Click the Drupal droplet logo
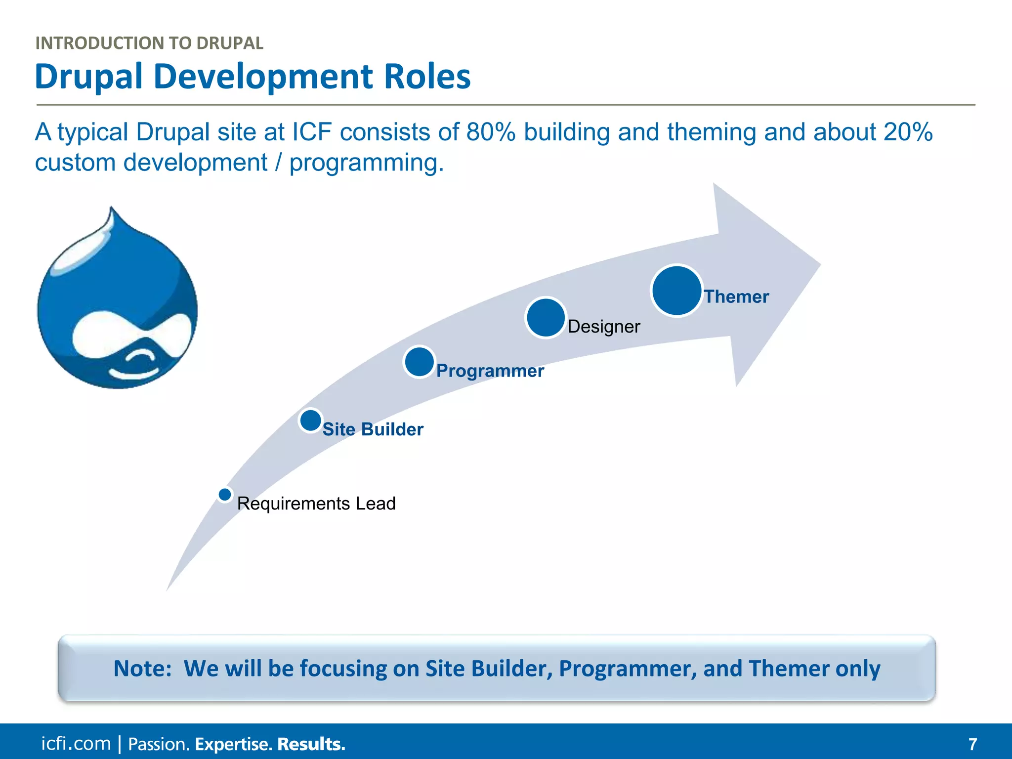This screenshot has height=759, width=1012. [x=118, y=306]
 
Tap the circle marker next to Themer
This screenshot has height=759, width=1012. [x=676, y=291]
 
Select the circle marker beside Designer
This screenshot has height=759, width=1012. [x=546, y=318]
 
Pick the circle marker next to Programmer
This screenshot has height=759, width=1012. [x=419, y=362]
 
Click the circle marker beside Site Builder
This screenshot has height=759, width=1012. [x=311, y=421]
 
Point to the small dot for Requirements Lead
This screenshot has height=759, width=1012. [x=225, y=494]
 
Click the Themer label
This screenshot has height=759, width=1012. [x=736, y=296]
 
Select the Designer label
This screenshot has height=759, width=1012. [x=604, y=327]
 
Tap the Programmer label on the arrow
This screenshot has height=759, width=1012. [x=490, y=371]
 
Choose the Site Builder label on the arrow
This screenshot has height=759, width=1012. [x=373, y=429]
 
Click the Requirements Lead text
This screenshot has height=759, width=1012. [x=316, y=504]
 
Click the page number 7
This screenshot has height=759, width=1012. [x=972, y=744]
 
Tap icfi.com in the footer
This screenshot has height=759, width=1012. [x=76, y=744]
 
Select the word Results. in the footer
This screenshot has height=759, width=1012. [x=311, y=744]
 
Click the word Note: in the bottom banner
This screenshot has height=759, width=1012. [x=142, y=669]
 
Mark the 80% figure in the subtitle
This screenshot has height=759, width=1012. [x=490, y=132]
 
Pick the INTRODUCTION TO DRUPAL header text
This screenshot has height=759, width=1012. [x=149, y=43]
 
